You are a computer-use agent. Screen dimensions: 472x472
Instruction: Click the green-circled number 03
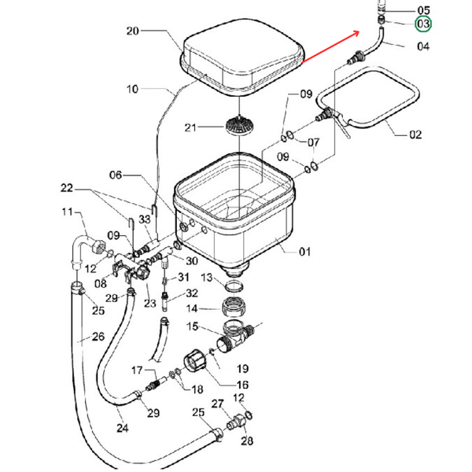tap(423, 24)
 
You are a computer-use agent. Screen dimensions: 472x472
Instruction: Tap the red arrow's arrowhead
tap(356, 33)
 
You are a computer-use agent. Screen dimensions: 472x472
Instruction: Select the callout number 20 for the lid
tap(132, 31)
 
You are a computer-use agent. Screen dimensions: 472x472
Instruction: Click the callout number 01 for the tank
tap(304, 252)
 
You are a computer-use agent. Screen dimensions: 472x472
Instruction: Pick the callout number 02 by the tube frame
tap(415, 135)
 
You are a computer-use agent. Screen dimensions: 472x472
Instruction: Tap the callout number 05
tap(423, 11)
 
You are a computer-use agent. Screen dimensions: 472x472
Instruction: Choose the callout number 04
tap(423, 46)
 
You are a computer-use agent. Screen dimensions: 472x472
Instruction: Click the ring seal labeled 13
tap(234, 286)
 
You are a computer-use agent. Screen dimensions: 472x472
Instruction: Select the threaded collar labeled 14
tap(234, 307)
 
